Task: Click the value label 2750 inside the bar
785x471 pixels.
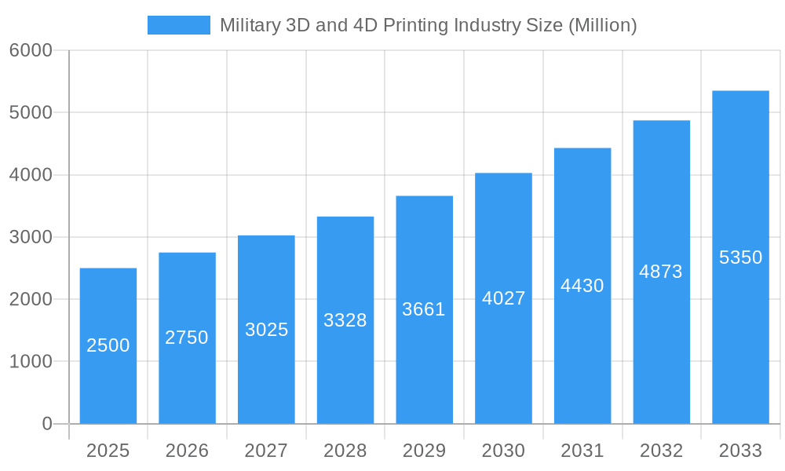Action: pyautogui.click(x=187, y=338)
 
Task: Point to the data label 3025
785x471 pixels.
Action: pyautogui.click(x=266, y=330)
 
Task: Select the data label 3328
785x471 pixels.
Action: pyautogui.click(x=345, y=320)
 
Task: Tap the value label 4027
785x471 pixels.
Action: pyautogui.click(x=503, y=298)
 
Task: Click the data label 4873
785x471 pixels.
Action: pyautogui.click(x=661, y=272)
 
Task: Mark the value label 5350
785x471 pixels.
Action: pyautogui.click(x=740, y=257)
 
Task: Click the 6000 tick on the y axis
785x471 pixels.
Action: pyautogui.click(x=31, y=51)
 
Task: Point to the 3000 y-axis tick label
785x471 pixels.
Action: pyautogui.click(x=31, y=237)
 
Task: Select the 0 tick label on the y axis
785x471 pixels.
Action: pyautogui.click(x=46, y=424)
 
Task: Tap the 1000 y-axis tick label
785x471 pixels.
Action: pyautogui.click(x=31, y=362)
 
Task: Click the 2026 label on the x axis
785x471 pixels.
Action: pyautogui.click(x=187, y=451)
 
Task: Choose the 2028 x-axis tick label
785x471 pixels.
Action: pyautogui.click(x=345, y=451)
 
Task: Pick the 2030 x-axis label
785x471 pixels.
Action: pyautogui.click(x=503, y=451)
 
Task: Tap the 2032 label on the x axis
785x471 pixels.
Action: pyautogui.click(x=661, y=451)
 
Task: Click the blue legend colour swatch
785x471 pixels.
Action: pyautogui.click(x=179, y=25)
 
